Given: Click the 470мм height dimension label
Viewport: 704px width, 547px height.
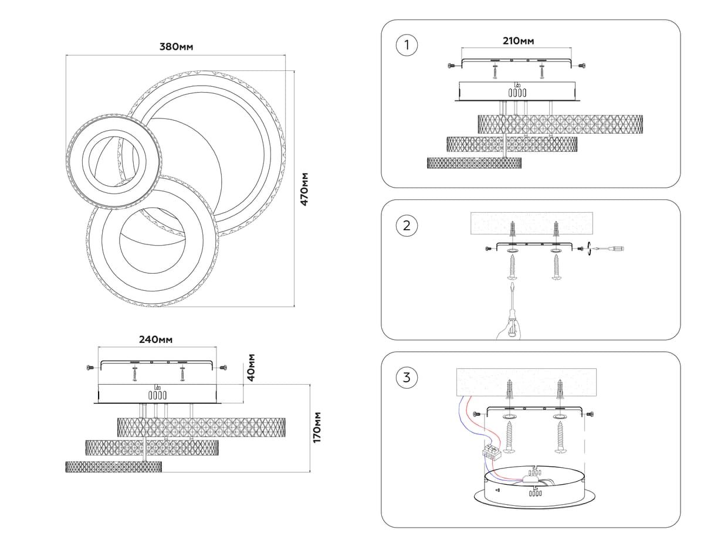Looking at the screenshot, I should pos(304,188).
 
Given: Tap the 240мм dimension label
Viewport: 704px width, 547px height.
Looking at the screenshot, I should pos(155,339).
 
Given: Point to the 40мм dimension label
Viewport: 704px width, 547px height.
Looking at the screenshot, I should pos(251,368).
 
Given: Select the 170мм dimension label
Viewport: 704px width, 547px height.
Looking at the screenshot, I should pos(317,427).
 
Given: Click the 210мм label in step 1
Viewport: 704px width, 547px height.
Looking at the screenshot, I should pos(519,40).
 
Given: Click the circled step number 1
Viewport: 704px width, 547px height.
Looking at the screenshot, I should pos(407,45).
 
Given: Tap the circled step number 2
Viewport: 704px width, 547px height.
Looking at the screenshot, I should pos(407,225).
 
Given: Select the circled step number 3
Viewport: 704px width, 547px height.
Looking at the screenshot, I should pos(407,377).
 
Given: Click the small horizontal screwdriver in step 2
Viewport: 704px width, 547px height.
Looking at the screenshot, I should pos(610,249).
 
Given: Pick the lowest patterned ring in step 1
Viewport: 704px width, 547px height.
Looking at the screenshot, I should pos(475,163).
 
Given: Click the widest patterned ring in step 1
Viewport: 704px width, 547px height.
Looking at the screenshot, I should pos(560,124).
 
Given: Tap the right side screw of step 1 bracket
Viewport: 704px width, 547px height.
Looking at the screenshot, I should pos(581,66).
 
